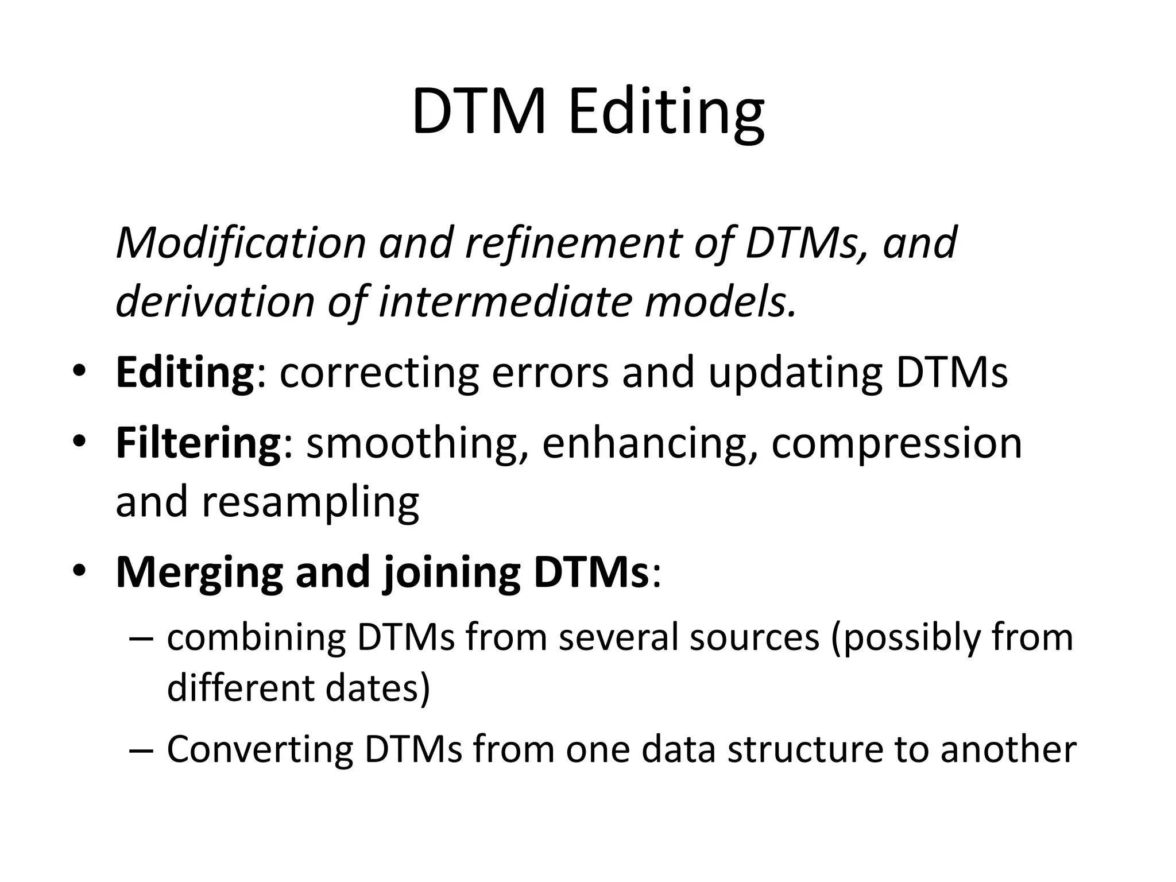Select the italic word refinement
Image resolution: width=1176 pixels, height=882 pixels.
572,242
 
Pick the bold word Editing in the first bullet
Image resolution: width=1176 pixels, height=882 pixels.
184,374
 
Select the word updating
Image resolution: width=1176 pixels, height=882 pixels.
795,374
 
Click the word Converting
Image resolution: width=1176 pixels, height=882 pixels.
260,750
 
